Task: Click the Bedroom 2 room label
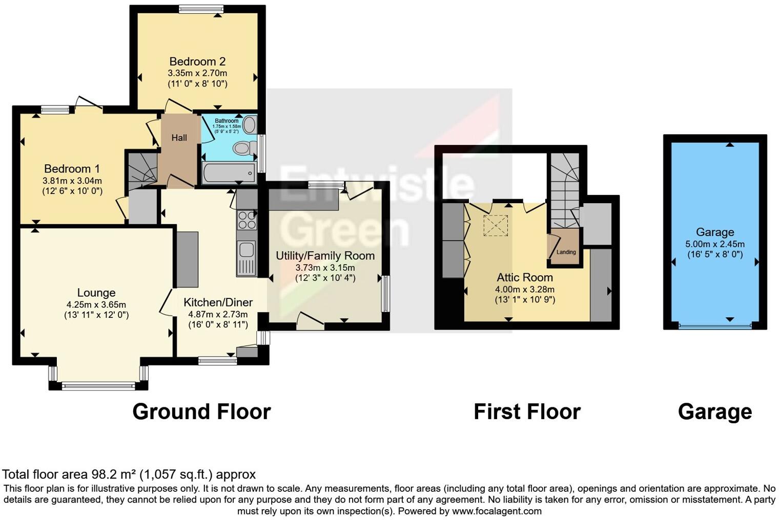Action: coord(197,62)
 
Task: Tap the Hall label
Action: coord(179,138)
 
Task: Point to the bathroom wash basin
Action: coord(250,125)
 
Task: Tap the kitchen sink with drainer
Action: coord(247,258)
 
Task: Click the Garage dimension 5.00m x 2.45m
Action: coord(715,244)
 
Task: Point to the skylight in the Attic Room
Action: coord(496,226)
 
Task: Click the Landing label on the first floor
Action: coord(566,252)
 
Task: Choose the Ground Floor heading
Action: coord(201,411)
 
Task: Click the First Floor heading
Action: coord(527,411)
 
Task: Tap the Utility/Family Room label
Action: coord(325,255)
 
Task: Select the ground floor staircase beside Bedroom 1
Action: coord(141,170)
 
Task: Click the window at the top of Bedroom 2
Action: coord(201,8)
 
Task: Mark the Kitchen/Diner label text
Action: coord(218,302)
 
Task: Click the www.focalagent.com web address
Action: coord(497,511)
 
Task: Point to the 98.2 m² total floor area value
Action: coord(113,474)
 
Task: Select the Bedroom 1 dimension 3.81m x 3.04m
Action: coord(72,181)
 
